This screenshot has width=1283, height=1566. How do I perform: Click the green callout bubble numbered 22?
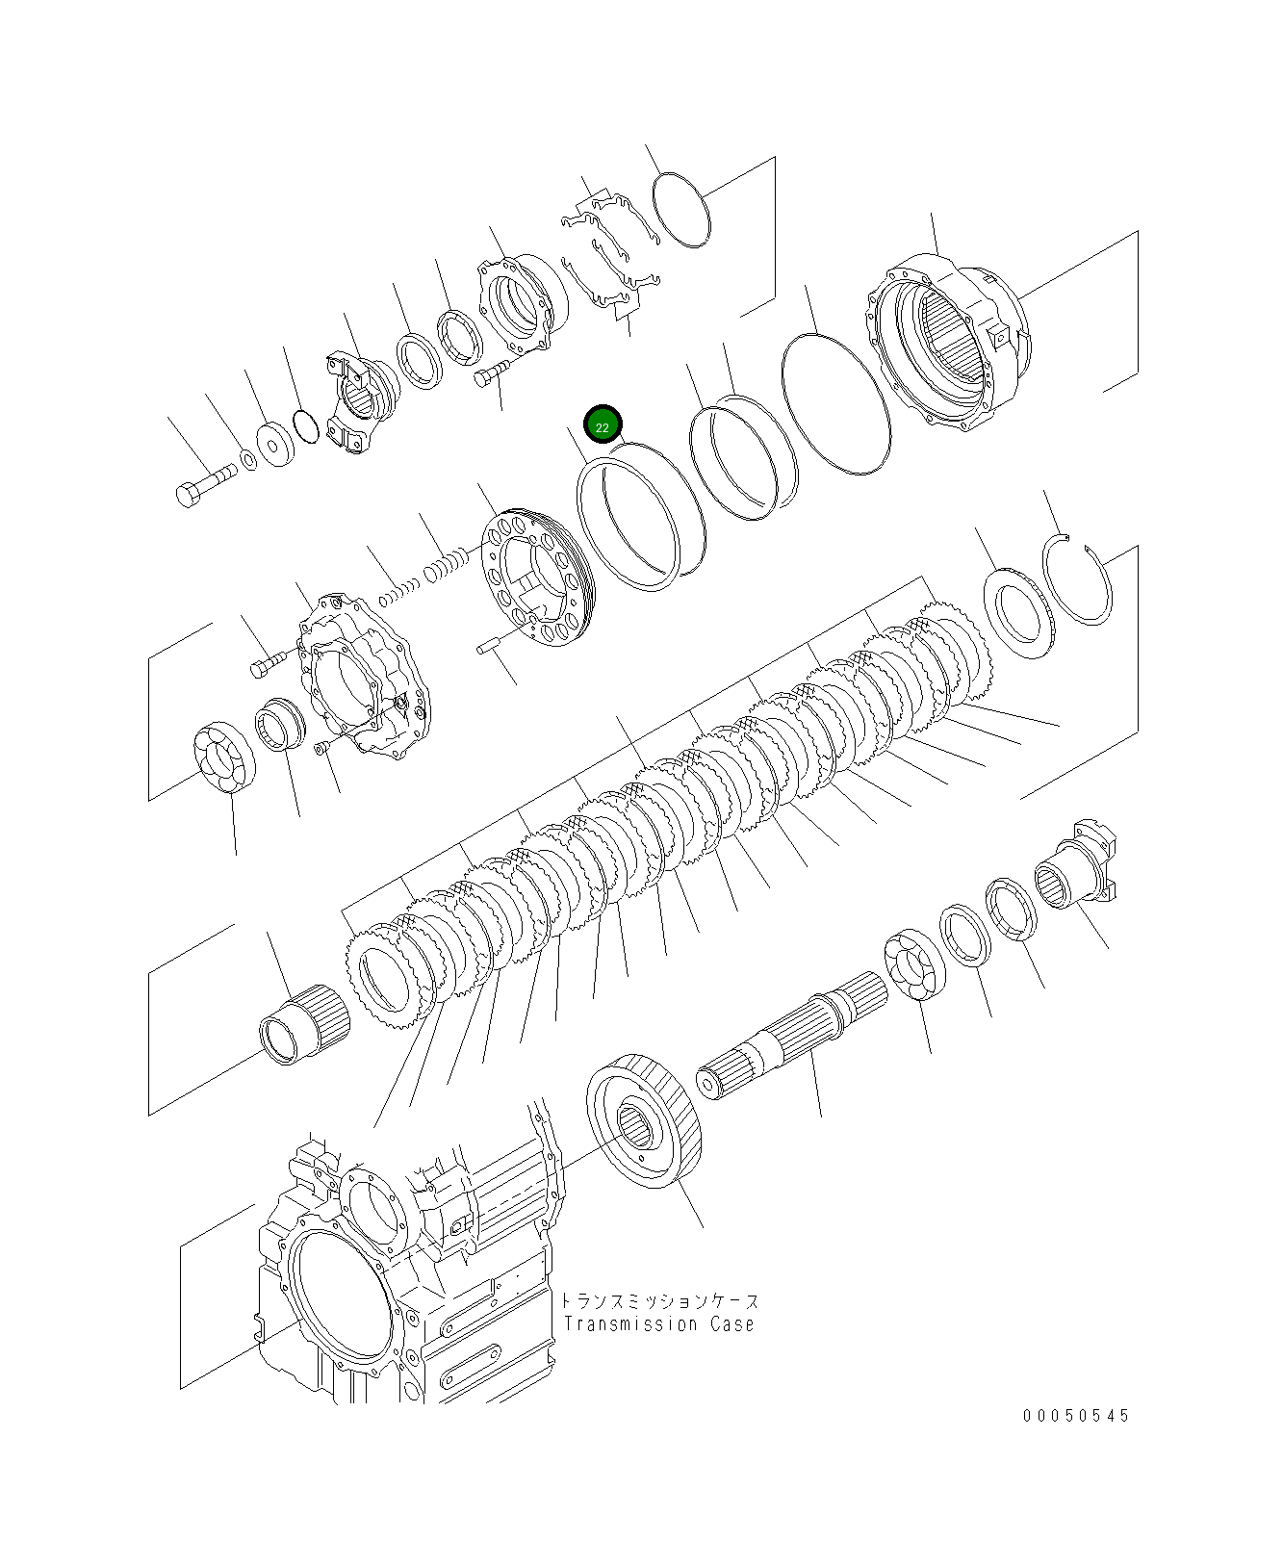coord(603,424)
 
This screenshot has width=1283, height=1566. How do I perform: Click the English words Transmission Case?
coord(659,1324)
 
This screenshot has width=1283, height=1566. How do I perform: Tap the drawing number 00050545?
coord(1076,1416)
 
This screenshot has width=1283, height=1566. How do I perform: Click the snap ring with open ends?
coord(1078,580)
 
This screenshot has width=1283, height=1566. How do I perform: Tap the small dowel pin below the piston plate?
coord(489,647)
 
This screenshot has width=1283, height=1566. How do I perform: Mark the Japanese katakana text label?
coord(659,1301)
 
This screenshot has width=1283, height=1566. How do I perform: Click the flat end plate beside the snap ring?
coord(1018,613)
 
